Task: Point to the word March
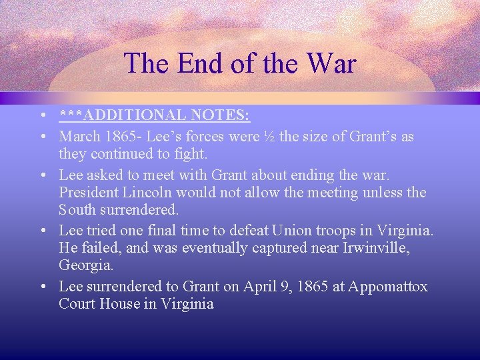[x=79, y=137]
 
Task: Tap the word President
[x=88, y=193]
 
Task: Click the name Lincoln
[x=147, y=193]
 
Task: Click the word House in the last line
[x=117, y=304]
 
